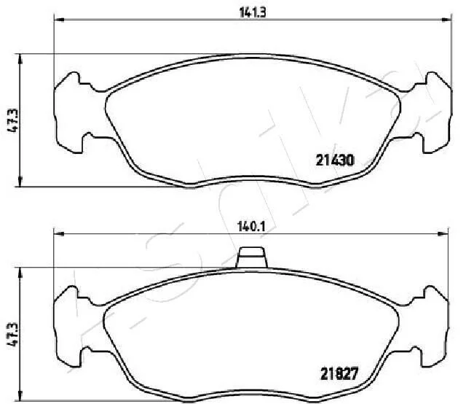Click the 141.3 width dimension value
click(253, 12)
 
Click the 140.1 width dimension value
click(251, 228)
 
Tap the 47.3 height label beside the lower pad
click(13, 334)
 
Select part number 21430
click(335, 160)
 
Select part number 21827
click(339, 374)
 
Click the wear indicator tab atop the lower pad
click(252, 257)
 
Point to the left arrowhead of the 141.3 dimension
click(59, 20)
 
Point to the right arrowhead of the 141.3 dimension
click(446, 20)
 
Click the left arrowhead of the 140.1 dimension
click(58, 234)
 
